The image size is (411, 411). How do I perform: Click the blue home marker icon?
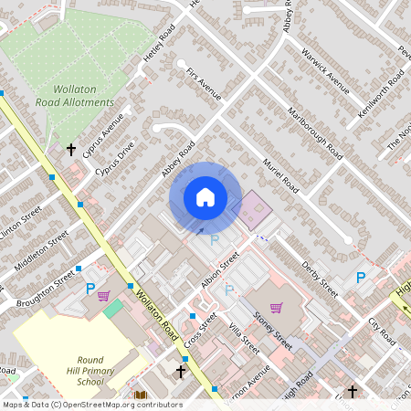tap(205, 196)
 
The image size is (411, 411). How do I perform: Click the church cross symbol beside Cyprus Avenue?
tap(71, 149)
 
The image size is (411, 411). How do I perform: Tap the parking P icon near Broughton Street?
tap(90, 290)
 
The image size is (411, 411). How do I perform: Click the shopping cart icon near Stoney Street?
tap(277, 307)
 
